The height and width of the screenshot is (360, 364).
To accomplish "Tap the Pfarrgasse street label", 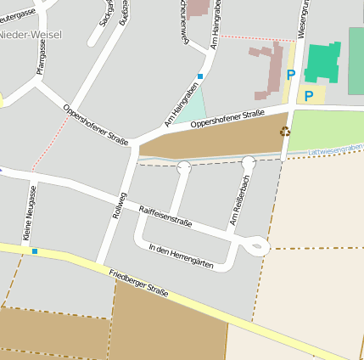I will click(40, 57).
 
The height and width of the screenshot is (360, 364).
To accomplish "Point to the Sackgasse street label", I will click(106, 13).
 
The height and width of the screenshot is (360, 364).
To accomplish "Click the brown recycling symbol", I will click(284, 131).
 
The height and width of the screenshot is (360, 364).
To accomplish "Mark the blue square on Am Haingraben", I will click(200, 76).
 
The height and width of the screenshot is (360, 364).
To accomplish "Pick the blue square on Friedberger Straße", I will click(35, 251).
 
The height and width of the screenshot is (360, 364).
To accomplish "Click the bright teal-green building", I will click(323, 62).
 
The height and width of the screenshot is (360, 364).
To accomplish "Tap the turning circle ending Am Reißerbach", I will click(248, 162).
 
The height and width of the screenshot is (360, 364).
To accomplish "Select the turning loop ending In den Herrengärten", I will click(258, 246).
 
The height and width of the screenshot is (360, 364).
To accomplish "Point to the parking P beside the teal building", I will click(309, 97).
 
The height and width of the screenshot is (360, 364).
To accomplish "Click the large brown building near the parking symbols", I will click(272, 68).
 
